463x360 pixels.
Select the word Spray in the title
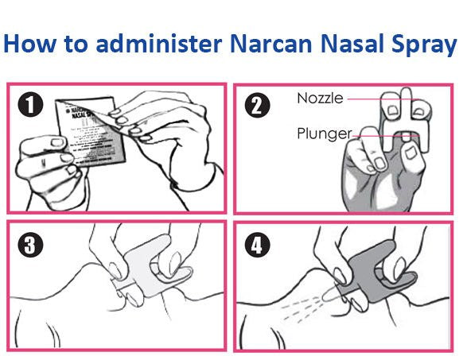(421, 43)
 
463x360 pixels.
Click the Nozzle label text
(320, 99)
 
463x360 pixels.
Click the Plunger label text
(324, 133)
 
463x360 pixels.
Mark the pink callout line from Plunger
(382, 136)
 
